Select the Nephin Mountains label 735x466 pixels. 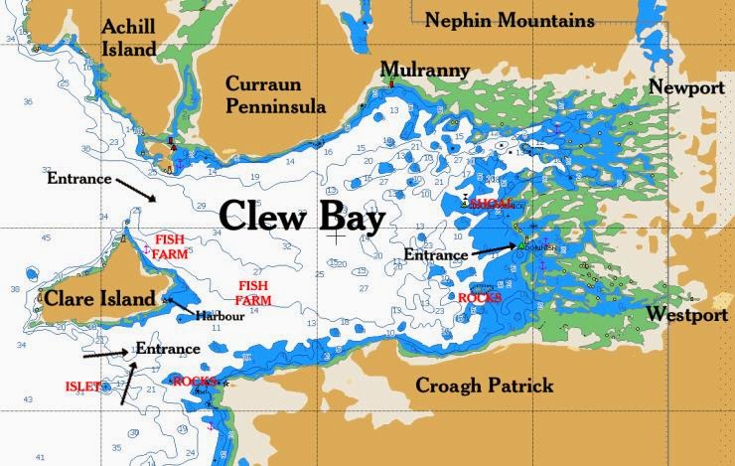[x=510, y=20]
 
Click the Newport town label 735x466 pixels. [x=686, y=87]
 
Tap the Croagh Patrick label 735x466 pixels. [x=484, y=386]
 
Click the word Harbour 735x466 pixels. [x=219, y=316]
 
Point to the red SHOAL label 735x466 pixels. [x=493, y=204]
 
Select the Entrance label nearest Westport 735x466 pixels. [x=436, y=255]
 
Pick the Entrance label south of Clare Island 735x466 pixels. [x=168, y=349]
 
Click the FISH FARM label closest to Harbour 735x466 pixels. [x=253, y=293]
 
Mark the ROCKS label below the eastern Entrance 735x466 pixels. [x=480, y=297]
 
